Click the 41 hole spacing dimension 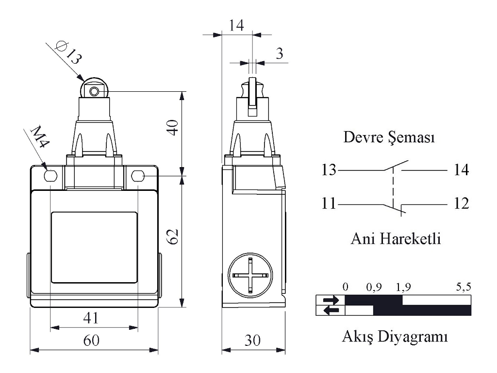[x=91, y=319]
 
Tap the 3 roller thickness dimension [x=279, y=53]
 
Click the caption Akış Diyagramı [x=394, y=337]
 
